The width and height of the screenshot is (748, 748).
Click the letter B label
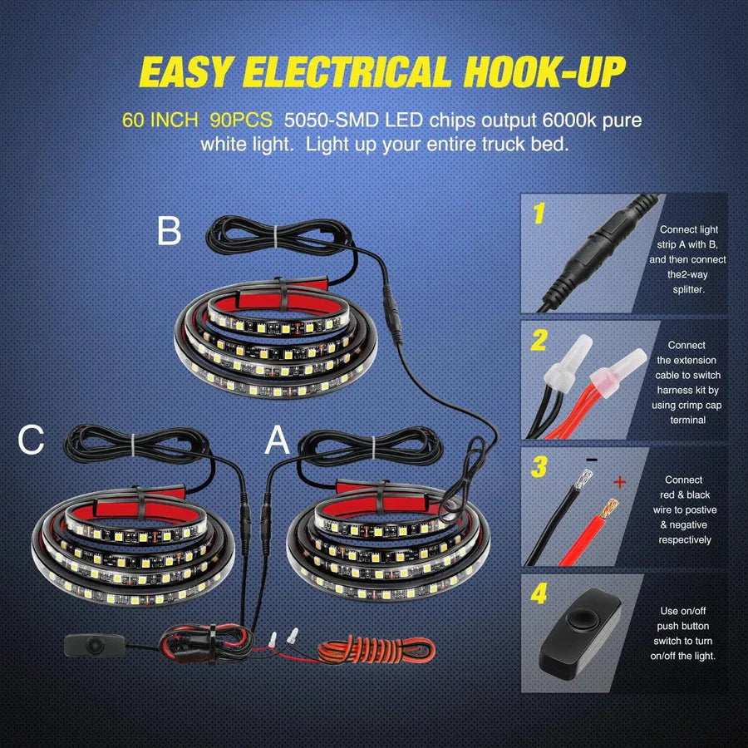click(169, 231)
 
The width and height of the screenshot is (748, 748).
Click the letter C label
click(31, 440)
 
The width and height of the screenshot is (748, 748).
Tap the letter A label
click(277, 442)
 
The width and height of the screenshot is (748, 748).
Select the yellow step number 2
click(539, 341)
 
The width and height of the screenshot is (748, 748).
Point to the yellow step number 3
click(539, 468)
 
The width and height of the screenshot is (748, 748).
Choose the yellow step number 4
click(540, 595)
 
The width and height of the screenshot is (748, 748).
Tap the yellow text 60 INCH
click(160, 120)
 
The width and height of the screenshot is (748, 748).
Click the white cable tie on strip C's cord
click(130, 444)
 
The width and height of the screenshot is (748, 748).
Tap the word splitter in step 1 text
click(692, 289)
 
